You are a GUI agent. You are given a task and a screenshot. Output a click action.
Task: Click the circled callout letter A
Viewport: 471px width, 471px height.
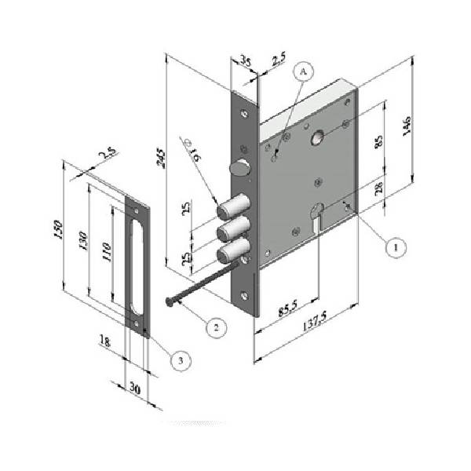[303, 71]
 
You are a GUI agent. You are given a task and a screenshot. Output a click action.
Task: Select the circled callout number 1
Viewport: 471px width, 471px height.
[396, 247]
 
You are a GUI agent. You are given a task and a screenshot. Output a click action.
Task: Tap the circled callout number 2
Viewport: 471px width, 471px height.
[217, 327]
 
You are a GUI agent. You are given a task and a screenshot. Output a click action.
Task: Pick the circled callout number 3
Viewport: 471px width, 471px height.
[181, 360]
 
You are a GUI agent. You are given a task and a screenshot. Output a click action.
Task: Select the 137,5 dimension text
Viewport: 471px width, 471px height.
[314, 321]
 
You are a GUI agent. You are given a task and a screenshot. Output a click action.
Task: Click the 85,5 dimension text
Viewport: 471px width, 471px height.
[288, 307]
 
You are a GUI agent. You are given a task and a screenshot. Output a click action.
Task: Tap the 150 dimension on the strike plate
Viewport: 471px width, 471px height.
[58, 229]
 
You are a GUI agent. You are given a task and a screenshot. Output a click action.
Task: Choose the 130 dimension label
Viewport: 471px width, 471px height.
[83, 241]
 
